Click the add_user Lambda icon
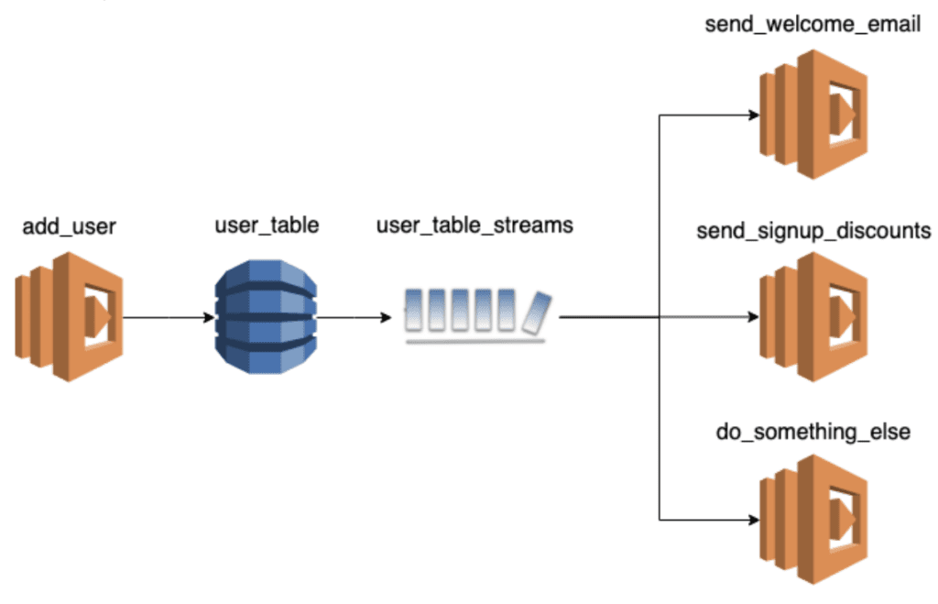pos(69,316)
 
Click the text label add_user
pos(68,225)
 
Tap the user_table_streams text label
pos(474,225)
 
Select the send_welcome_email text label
pos(813,25)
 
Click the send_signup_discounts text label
pos(813,229)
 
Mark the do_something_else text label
pos(813,431)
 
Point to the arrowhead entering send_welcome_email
pos(753,115)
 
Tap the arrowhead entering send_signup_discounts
pos(753,318)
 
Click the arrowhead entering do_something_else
pos(753,520)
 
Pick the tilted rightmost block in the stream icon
pos(535,312)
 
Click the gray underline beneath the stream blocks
pos(474,341)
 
